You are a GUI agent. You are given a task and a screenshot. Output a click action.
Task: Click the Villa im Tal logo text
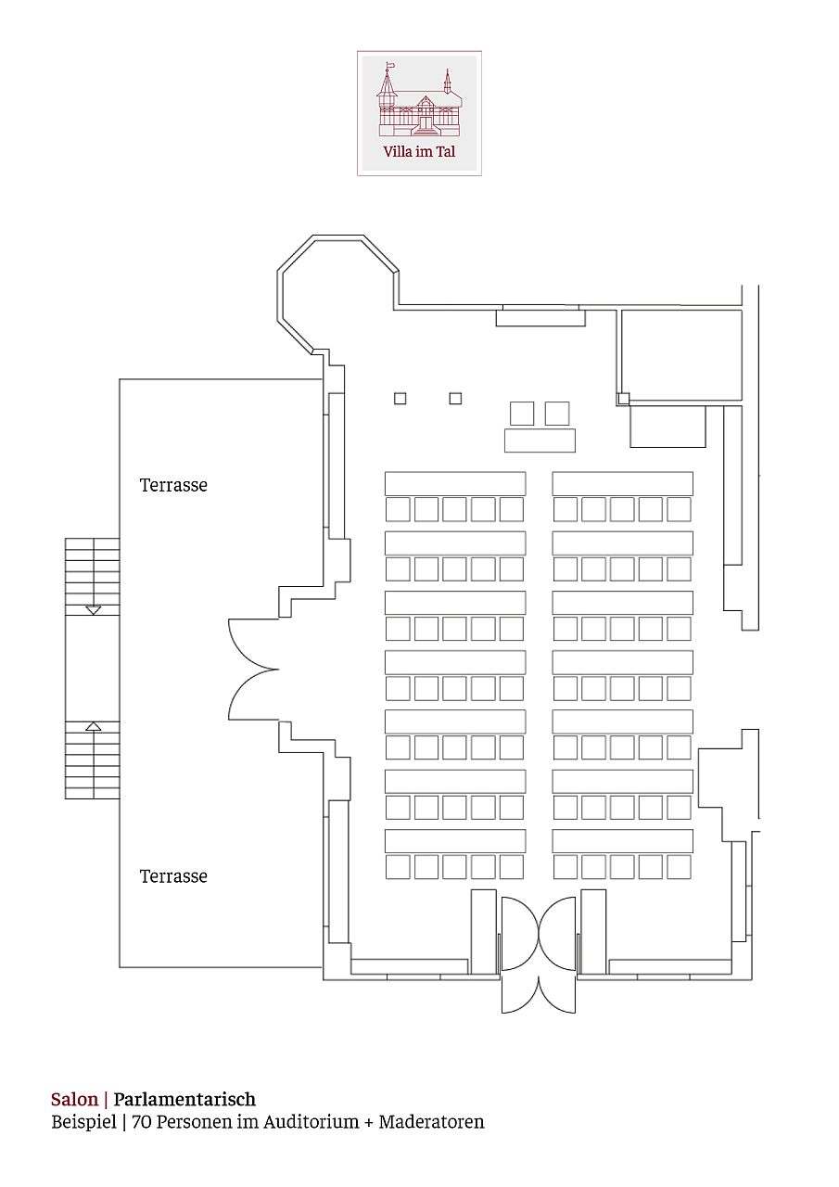419,151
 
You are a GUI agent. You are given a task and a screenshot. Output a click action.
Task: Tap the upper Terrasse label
173,485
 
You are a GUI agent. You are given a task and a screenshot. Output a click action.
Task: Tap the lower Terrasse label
173,876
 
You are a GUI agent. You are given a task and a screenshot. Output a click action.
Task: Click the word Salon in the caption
75,1100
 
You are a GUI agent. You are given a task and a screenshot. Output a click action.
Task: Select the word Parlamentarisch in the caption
184,1100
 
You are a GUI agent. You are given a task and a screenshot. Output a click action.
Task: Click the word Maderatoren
432,1122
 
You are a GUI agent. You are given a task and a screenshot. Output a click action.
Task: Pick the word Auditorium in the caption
311,1122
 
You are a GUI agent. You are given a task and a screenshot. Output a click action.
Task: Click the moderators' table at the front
540,440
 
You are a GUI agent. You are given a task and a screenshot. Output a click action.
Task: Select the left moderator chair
522,414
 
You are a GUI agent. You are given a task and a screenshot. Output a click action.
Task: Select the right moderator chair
557,414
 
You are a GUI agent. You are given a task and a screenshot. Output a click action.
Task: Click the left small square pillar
400,399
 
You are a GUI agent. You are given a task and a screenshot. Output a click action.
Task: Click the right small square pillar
455,399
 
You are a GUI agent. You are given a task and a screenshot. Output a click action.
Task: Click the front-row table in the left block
455,484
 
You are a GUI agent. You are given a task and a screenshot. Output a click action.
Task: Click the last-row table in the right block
623,841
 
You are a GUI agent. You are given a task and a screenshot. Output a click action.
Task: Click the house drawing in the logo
418,99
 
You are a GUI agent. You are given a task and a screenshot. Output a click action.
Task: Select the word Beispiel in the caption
83,1122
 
